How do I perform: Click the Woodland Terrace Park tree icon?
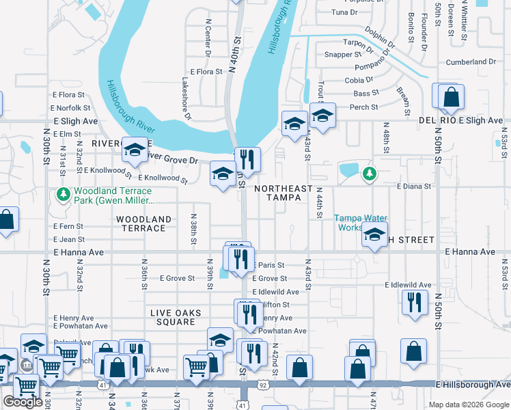click(x=64, y=195)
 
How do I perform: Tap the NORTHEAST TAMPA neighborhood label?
click(x=283, y=193)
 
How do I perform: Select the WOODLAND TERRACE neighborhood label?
click(x=143, y=223)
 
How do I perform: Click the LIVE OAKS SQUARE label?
click(x=176, y=318)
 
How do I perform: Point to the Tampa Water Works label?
click(x=360, y=223)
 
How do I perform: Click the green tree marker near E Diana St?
click(x=369, y=174)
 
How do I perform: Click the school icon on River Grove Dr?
click(x=135, y=151)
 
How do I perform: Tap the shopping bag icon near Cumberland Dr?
click(x=450, y=98)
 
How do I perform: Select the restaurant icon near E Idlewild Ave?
click(x=415, y=303)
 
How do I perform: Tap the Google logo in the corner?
click(x=23, y=402)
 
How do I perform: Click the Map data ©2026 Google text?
click(x=469, y=405)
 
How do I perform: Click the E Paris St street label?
click(x=268, y=265)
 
